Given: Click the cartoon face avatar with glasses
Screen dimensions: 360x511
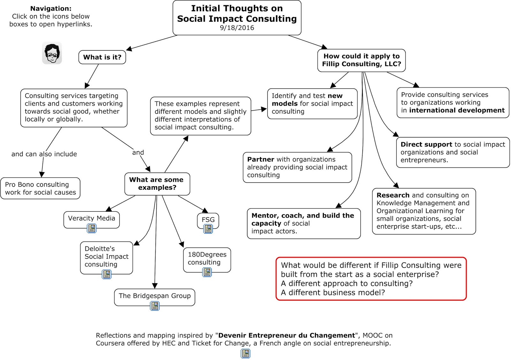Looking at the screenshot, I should (52, 53).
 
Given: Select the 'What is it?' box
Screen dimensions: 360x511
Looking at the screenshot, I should (102, 57).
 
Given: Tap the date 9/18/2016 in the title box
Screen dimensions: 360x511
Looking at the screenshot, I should (237, 28).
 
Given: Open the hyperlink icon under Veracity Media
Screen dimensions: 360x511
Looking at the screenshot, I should (92, 228).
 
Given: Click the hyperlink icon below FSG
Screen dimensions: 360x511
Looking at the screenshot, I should (208, 229).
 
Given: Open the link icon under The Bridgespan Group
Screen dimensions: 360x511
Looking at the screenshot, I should (155, 306).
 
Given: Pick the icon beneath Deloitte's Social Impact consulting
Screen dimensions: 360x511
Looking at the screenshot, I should (106, 274).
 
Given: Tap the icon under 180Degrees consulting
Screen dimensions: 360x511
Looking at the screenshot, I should (207, 272).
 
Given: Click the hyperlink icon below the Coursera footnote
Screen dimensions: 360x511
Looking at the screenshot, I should (245, 353).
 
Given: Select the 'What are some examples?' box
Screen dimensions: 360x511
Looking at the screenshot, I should (157, 184).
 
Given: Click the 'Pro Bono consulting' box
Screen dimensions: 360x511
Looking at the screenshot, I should (40, 188).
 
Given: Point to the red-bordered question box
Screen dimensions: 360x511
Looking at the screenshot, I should (371, 279).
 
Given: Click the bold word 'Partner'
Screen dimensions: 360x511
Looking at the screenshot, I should (260, 159).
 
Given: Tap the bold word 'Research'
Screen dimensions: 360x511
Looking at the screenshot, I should (393, 195).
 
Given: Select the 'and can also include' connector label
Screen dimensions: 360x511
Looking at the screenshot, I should (44, 154).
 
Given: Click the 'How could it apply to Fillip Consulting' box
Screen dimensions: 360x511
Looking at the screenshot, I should (361, 60).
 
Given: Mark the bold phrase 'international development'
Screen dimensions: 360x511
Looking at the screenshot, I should (457, 110).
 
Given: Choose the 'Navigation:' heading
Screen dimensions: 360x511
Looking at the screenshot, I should (51, 9).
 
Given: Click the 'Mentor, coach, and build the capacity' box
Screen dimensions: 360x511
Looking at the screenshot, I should (303, 223).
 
